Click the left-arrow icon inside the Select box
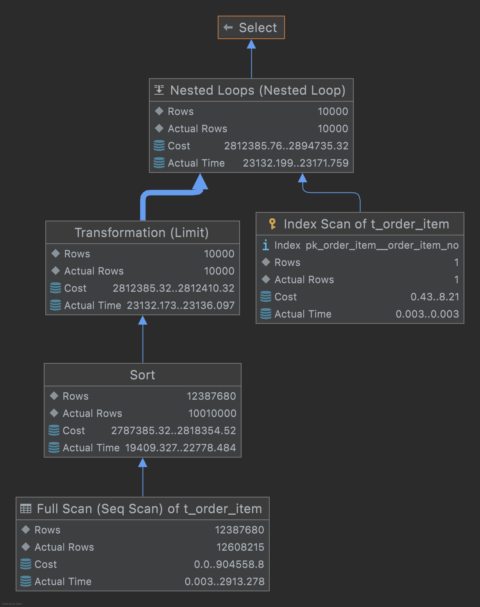[228, 27]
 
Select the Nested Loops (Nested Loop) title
[258, 90]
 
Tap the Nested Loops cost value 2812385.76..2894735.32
[286, 146]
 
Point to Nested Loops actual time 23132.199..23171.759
[296, 163]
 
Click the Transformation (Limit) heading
[141, 233]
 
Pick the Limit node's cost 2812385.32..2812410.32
[174, 288]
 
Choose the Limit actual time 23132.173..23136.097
[181, 305]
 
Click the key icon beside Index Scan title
[272, 224]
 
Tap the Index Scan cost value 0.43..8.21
[435, 297]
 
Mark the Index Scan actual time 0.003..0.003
[427, 314]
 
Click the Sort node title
[142, 375]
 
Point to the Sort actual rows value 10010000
[212, 413]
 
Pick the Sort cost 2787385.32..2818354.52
[174, 431]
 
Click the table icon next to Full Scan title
[26, 508]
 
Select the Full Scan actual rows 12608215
[240, 547]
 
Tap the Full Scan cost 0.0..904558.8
[229, 564]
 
